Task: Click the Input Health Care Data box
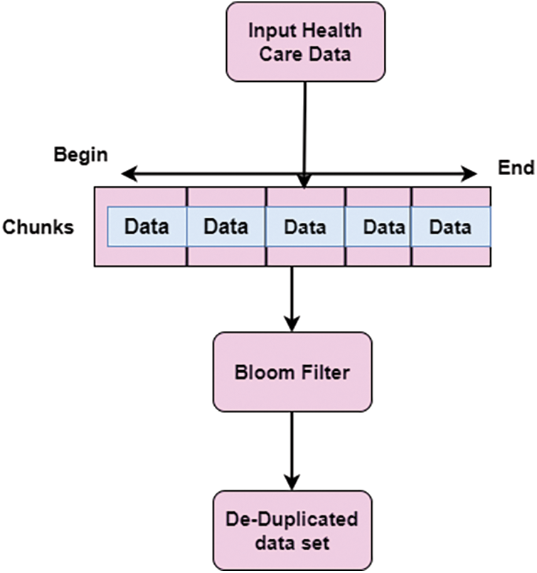305,41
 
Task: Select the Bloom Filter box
292,371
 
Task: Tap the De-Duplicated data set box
292,530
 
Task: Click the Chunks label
39,228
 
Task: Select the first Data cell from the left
147,227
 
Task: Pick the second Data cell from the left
226,227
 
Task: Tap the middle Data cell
305,228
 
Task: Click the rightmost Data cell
450,228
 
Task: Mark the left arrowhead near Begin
127,173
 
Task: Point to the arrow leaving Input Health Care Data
305,128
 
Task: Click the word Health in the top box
334,31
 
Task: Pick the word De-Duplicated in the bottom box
292,519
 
